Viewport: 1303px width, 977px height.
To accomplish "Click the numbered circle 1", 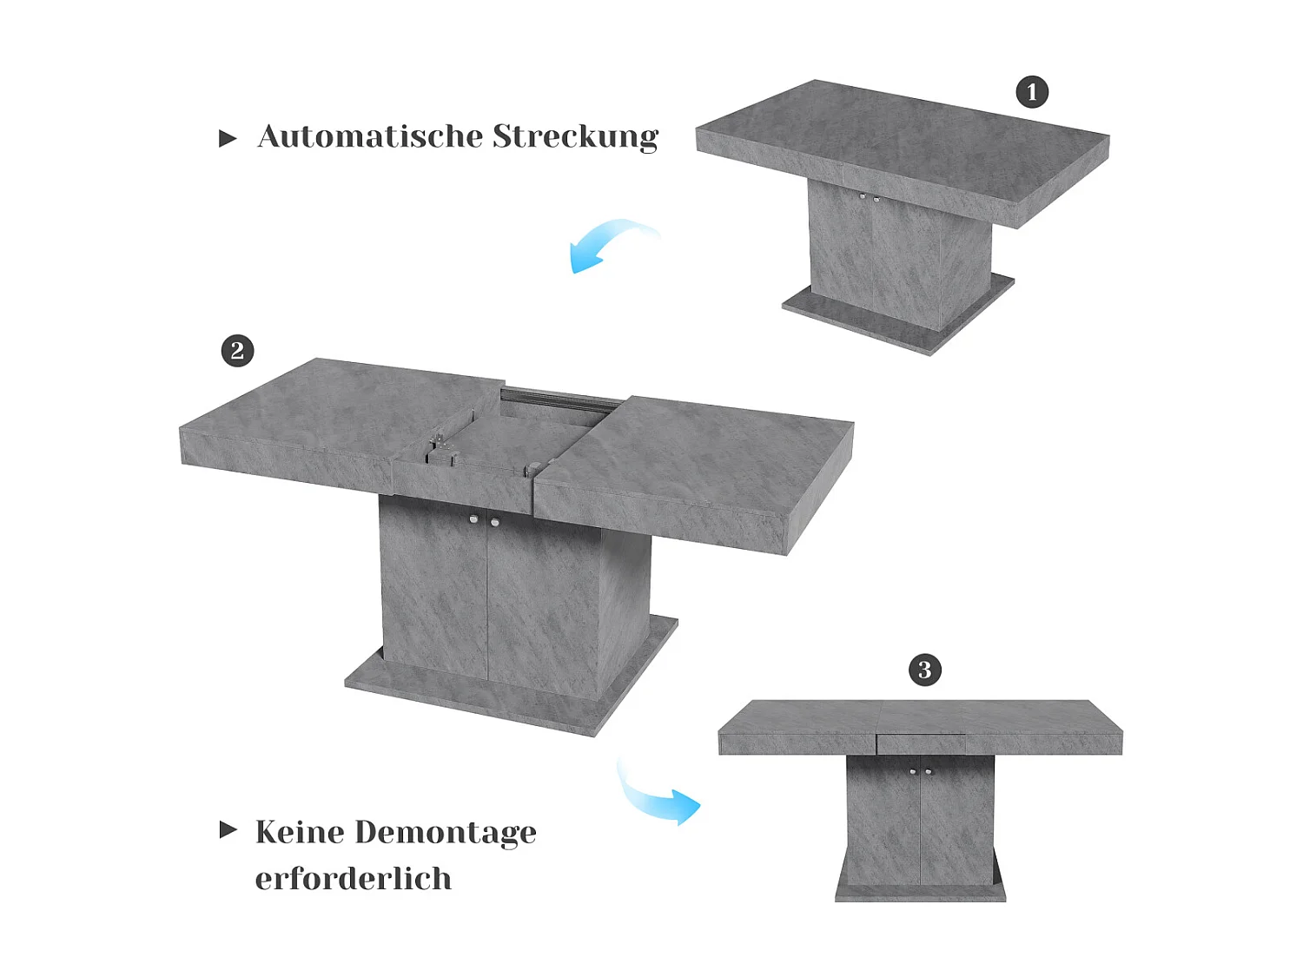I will click(x=1032, y=92).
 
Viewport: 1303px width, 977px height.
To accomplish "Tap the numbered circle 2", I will click(x=237, y=351).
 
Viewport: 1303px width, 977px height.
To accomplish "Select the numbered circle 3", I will click(x=924, y=670).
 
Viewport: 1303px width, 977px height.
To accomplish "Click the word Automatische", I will click(x=370, y=136).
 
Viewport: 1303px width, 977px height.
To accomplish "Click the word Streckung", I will click(x=575, y=137).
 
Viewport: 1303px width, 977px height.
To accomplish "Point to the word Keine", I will click(x=300, y=832).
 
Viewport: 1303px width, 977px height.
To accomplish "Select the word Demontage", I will click(x=446, y=833).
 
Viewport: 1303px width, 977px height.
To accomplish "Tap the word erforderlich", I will click(x=353, y=879).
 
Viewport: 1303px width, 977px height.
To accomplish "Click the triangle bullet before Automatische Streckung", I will click(x=228, y=139).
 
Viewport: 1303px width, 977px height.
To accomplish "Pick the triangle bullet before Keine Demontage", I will click(x=228, y=829).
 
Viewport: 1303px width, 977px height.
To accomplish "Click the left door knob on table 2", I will click(x=473, y=519).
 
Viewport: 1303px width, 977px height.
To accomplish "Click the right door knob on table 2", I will click(x=494, y=522).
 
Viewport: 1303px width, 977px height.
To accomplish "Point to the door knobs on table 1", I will click(x=869, y=198).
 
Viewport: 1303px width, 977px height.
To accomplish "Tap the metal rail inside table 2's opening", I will click(x=560, y=400).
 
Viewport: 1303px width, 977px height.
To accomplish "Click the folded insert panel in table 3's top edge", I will click(x=921, y=744).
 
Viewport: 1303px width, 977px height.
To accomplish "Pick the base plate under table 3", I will click(x=920, y=894).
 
